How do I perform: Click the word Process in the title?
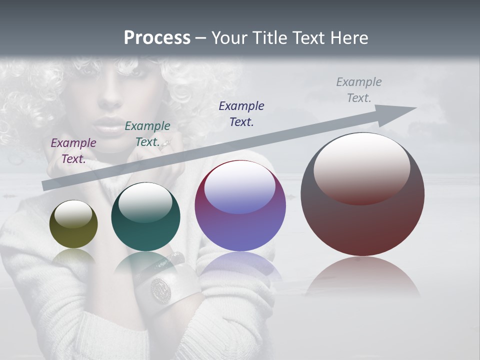click(x=157, y=38)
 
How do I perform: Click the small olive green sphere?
click(x=73, y=224)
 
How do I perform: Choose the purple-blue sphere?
click(x=240, y=205)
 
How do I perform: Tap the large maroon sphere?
click(x=362, y=194)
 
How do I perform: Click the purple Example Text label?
click(x=73, y=150)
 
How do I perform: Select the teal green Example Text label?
click(x=147, y=133)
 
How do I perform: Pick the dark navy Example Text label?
click(x=241, y=113)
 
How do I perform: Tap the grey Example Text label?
click(x=359, y=89)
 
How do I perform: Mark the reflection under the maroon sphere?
click(x=362, y=275)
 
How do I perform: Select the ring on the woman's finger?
click(x=165, y=144)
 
